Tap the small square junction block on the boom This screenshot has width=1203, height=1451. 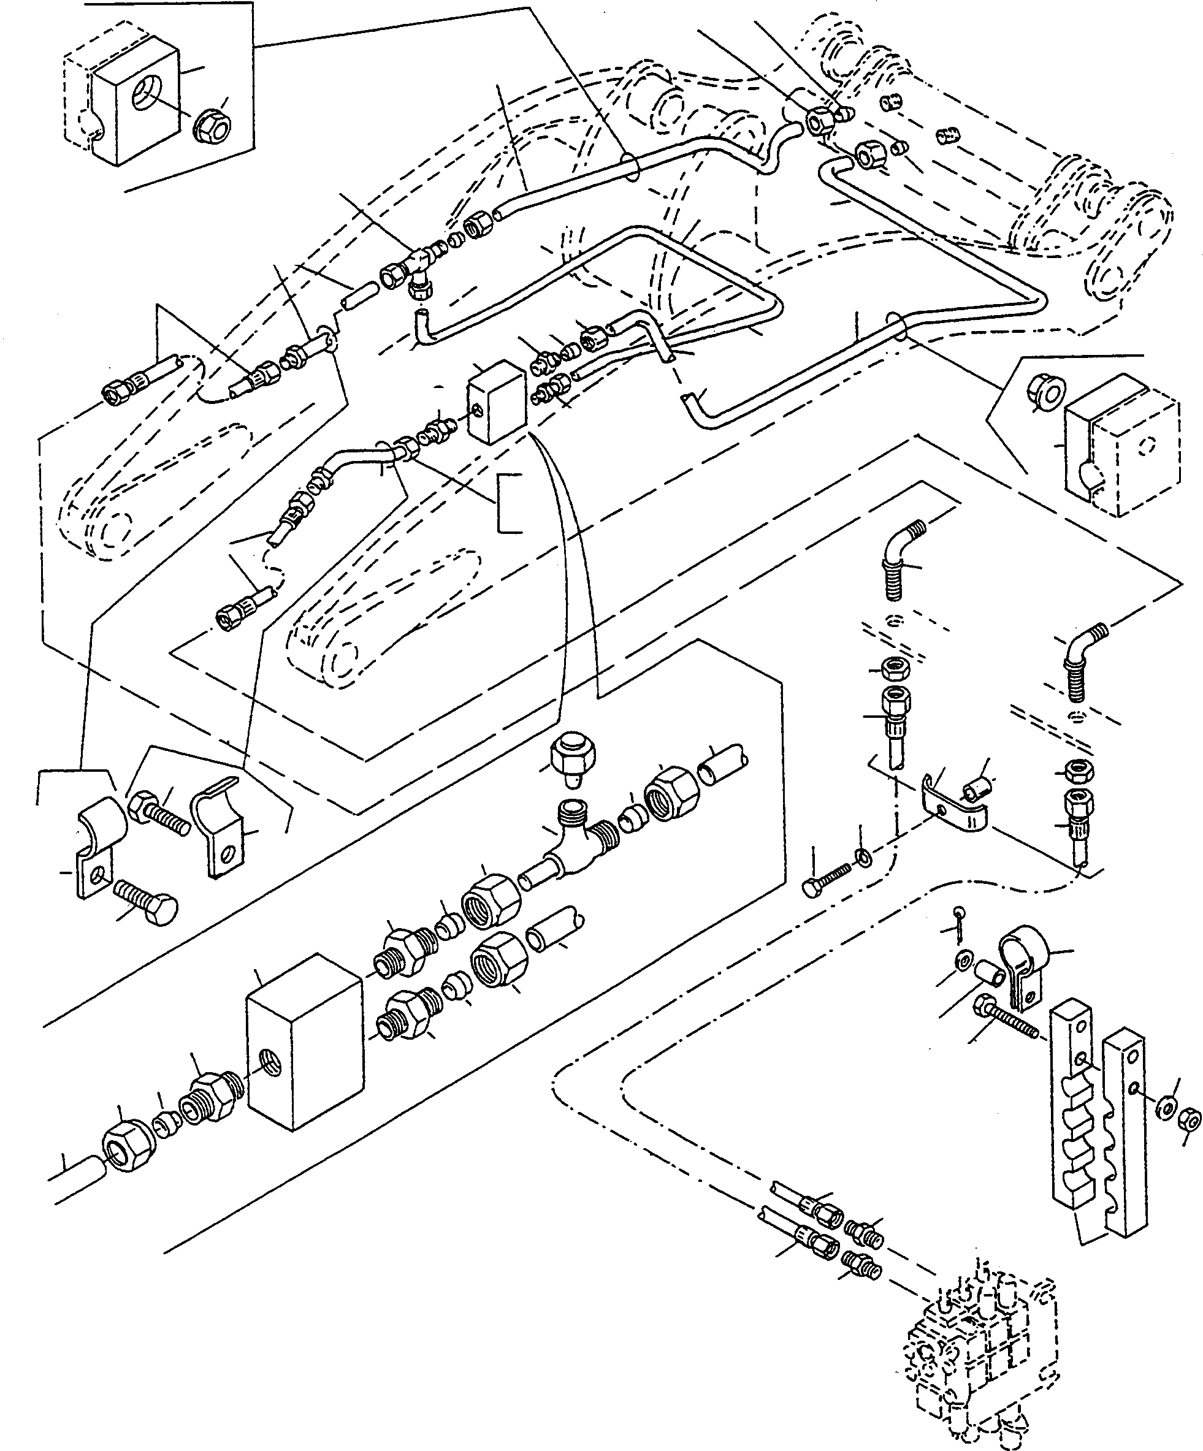click(x=496, y=401)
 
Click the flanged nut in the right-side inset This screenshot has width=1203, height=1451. click(x=1047, y=392)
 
